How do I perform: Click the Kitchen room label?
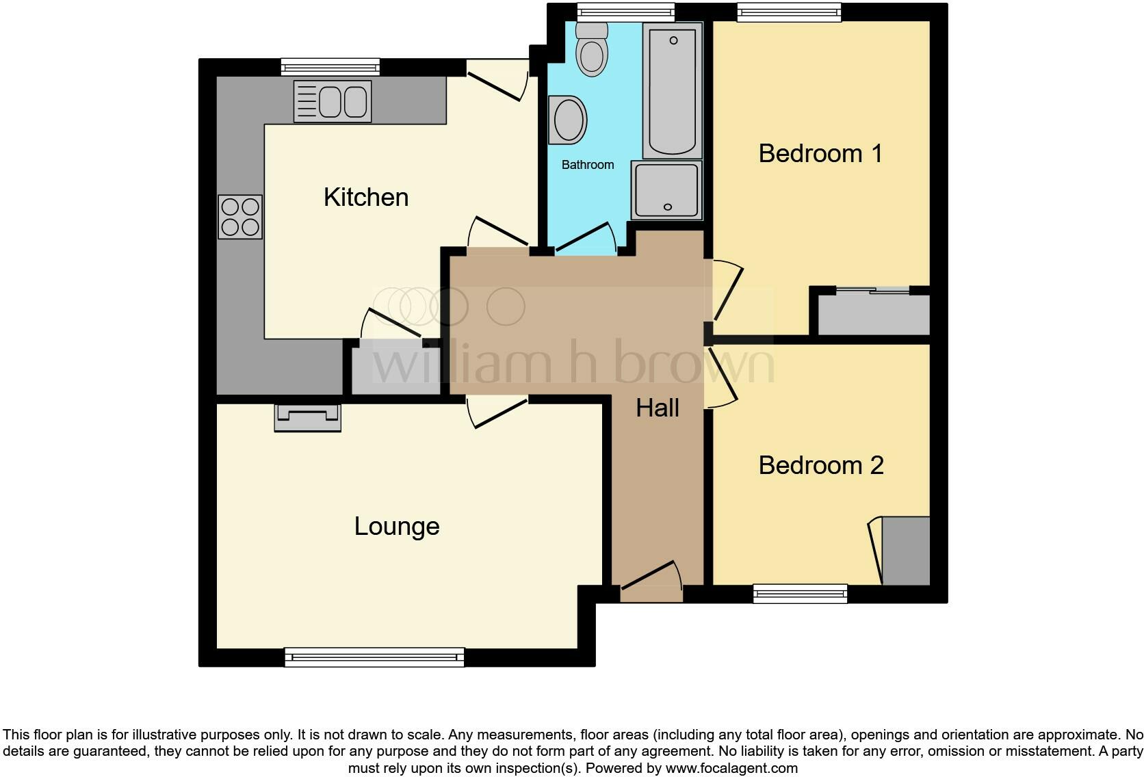click(x=366, y=198)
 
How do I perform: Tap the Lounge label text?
click(x=397, y=527)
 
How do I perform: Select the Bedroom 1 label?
click(x=820, y=154)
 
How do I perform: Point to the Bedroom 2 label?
click(x=821, y=466)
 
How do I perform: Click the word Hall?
click(x=658, y=408)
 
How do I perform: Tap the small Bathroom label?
click(x=588, y=165)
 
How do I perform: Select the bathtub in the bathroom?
click(x=673, y=89)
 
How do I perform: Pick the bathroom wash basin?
click(x=568, y=120)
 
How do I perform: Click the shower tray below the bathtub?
click(x=666, y=190)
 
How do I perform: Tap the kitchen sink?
click(x=333, y=101)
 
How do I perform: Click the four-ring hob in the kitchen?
click(x=240, y=217)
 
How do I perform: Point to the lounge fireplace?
click(x=308, y=417)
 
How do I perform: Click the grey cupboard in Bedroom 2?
click(x=905, y=551)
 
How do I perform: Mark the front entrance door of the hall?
click(x=651, y=581)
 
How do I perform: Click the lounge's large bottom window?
click(x=374, y=657)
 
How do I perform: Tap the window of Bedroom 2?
click(x=800, y=594)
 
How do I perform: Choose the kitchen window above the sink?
click(x=330, y=67)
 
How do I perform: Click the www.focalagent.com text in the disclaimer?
click(x=731, y=768)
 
